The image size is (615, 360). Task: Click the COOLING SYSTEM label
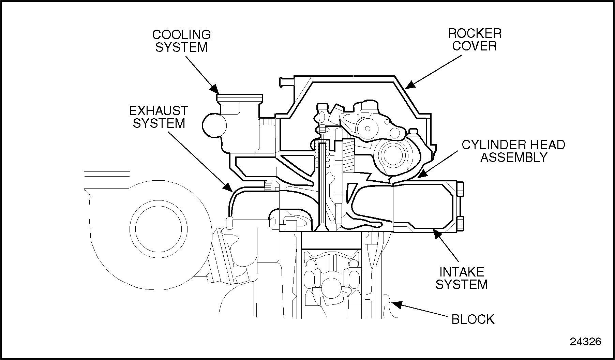pyautogui.click(x=181, y=41)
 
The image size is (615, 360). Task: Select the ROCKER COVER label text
pyautogui.click(x=475, y=40)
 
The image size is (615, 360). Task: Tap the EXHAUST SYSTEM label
pyautogui.click(x=159, y=117)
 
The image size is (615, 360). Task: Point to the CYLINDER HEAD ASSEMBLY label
pyautogui.click(x=513, y=151)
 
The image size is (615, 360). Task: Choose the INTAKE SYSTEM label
pyautogui.click(x=462, y=278)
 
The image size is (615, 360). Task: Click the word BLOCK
pyautogui.click(x=473, y=319)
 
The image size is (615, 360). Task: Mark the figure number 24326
pyautogui.click(x=585, y=342)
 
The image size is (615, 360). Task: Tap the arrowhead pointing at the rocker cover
pyautogui.click(x=410, y=84)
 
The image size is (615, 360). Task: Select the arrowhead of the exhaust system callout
pyautogui.click(x=228, y=187)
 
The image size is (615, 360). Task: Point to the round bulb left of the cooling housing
pyautogui.click(x=214, y=125)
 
